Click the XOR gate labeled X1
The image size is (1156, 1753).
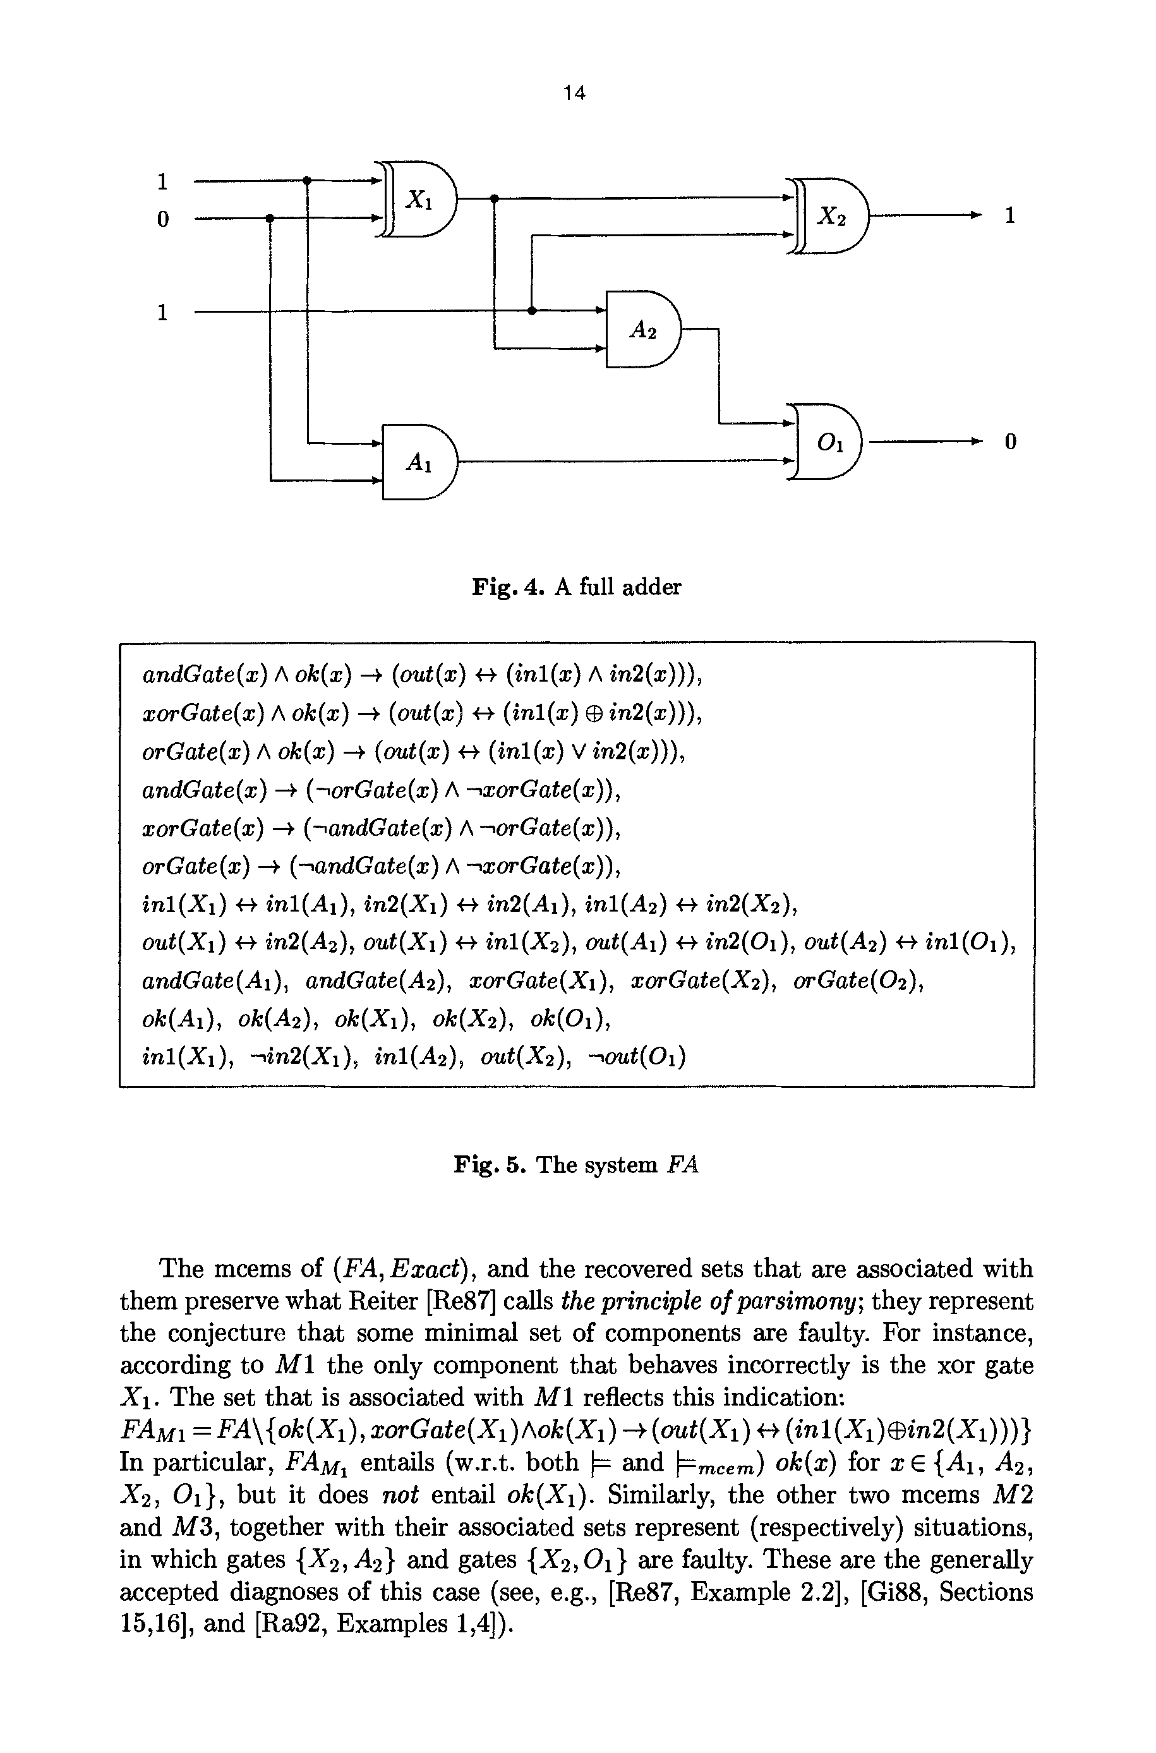[x=419, y=199]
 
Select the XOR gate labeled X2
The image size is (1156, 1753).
[x=831, y=215]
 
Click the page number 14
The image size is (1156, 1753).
[x=574, y=93]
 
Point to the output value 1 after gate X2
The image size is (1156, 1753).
[x=1011, y=215]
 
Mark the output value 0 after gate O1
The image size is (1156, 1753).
[x=1011, y=442]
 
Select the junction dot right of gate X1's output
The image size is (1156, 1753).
[x=494, y=198]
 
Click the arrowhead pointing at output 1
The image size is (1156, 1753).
[x=976, y=215]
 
